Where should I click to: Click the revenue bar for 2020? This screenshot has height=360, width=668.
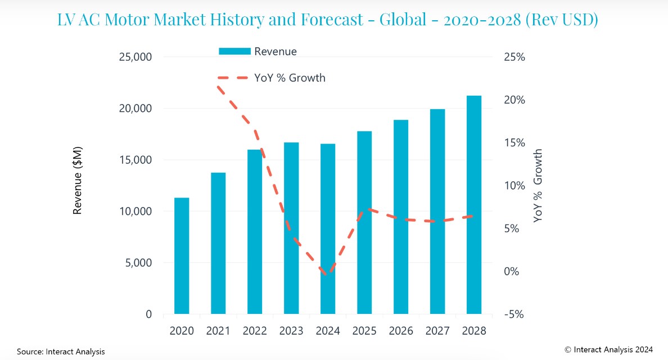point(182,256)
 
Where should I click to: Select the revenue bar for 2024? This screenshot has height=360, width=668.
point(328,229)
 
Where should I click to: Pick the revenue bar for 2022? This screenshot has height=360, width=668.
point(255,232)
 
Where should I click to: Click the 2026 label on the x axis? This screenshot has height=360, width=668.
point(401,331)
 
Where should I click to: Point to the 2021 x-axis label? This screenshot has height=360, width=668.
point(218,331)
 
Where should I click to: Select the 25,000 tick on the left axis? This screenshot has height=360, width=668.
point(136,57)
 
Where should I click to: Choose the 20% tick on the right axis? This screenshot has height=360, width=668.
point(513,100)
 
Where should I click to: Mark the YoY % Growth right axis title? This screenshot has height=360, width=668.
point(538,186)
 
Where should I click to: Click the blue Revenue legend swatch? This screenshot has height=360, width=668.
point(234,52)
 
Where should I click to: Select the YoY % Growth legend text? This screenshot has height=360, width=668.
point(290,78)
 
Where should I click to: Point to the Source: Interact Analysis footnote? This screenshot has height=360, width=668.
point(61,352)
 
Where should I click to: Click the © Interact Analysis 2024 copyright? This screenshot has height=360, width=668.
point(609,349)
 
